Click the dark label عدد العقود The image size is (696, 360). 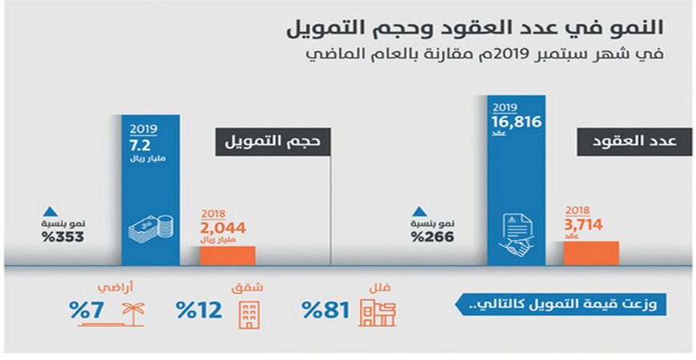point(629,141)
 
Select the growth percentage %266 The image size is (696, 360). point(432,238)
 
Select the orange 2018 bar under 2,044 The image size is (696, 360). point(226,255)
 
